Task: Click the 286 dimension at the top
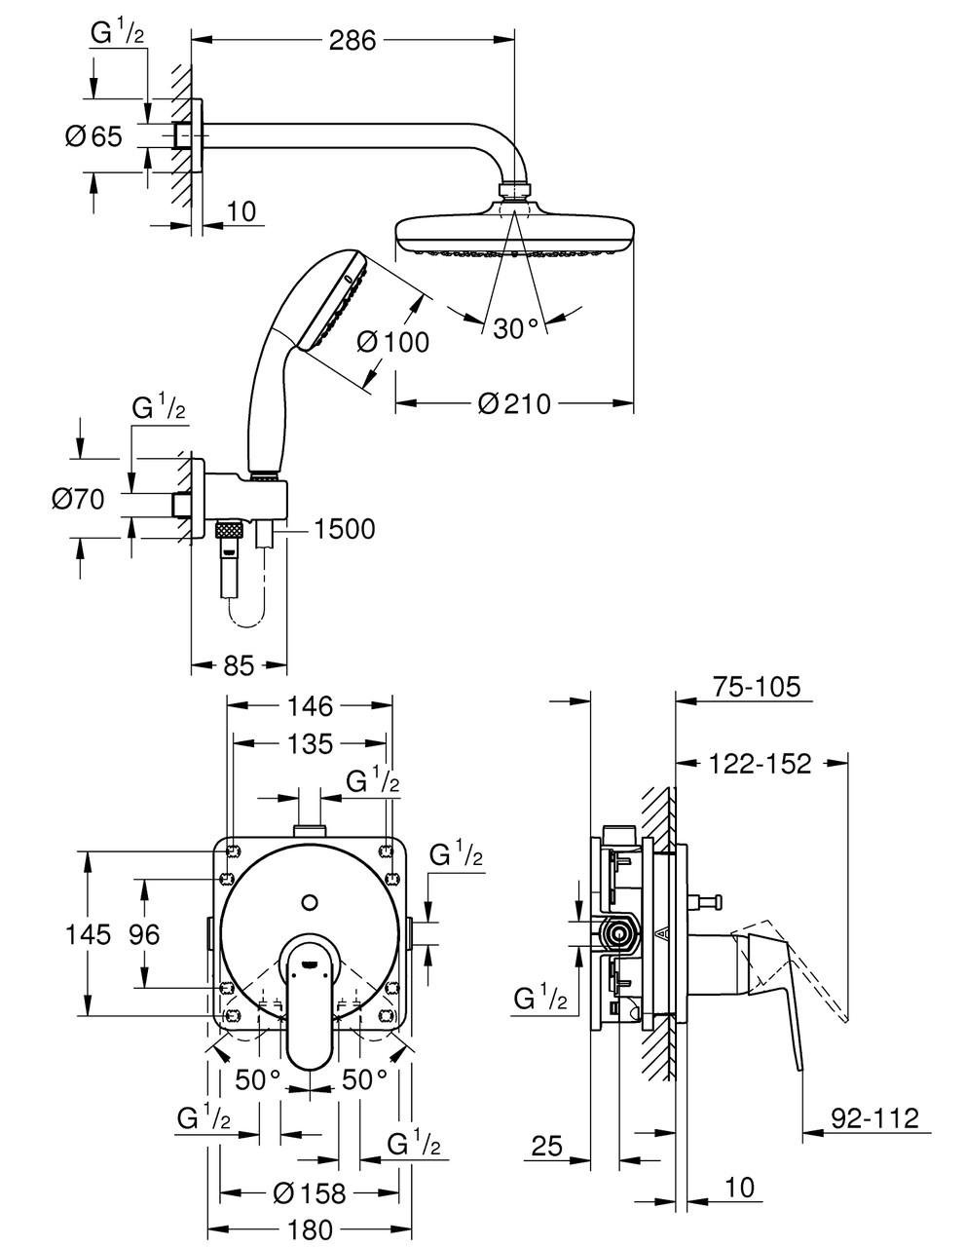tap(353, 40)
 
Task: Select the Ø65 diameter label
tap(93, 136)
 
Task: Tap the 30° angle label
tap(515, 328)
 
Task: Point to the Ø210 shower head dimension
tap(514, 402)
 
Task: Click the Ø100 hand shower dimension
tap(392, 342)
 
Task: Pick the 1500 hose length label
tap(343, 529)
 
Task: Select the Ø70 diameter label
tap(78, 500)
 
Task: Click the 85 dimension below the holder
tap(238, 665)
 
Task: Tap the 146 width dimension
tap(310, 704)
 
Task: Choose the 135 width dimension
tap(311, 743)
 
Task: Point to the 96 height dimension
tap(144, 935)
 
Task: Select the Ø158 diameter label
tap(310, 1191)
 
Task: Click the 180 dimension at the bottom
tap(310, 1229)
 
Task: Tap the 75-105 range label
tap(756, 687)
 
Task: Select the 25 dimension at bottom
tap(548, 1147)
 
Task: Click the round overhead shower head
tap(515, 234)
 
